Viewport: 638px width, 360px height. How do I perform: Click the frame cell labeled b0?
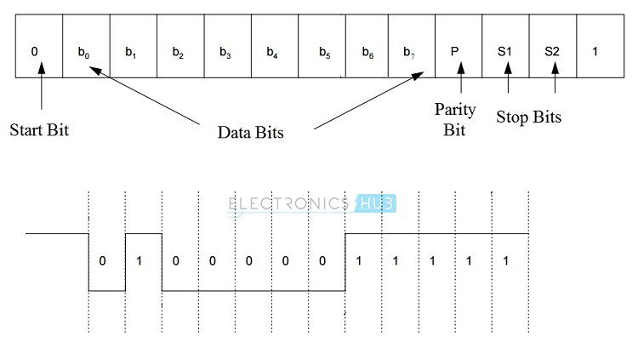(85, 50)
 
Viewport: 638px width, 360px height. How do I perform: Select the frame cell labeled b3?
(225, 50)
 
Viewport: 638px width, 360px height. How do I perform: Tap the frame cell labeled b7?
(411, 50)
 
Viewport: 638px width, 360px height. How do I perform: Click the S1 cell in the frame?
(505, 50)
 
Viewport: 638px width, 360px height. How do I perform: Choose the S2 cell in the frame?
(552, 50)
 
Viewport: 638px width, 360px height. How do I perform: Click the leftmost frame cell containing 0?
(35, 50)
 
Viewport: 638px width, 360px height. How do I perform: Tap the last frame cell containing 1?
(595, 50)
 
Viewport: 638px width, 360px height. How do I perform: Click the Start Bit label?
(39, 131)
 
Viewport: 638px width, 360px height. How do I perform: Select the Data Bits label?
(250, 132)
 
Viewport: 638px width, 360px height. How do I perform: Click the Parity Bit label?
(456, 120)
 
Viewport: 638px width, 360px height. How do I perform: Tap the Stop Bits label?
(529, 117)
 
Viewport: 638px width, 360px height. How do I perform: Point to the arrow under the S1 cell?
(508, 81)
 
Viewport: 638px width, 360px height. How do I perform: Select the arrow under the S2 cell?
(555, 81)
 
